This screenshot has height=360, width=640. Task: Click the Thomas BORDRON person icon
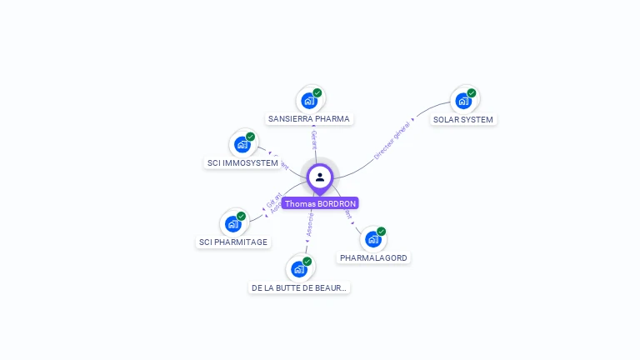click(320, 177)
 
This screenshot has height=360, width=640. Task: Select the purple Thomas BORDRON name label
click(320, 203)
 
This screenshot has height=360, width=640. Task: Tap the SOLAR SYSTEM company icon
click(462, 101)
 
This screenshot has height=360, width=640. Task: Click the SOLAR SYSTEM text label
click(463, 119)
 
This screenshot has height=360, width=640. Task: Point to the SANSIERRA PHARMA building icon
click(309, 101)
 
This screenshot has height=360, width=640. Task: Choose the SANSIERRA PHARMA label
click(309, 119)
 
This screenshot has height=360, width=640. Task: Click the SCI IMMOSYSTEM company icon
click(242, 145)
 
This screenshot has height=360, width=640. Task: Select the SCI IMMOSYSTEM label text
click(242, 163)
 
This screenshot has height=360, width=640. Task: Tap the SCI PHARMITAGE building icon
click(233, 224)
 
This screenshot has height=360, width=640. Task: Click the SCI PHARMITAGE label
click(233, 242)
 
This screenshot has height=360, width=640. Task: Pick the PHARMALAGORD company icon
click(372, 239)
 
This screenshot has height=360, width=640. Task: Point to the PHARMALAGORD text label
click(373, 258)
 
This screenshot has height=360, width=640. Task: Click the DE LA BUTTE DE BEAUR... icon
click(299, 269)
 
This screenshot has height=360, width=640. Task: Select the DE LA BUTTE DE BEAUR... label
click(300, 287)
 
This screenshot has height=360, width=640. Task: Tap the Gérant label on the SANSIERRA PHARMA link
click(313, 140)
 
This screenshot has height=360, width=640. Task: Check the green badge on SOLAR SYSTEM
click(472, 92)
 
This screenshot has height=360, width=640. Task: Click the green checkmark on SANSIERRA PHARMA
click(317, 92)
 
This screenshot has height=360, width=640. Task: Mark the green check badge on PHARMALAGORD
click(382, 231)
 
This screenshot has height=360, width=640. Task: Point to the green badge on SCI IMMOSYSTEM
click(251, 137)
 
